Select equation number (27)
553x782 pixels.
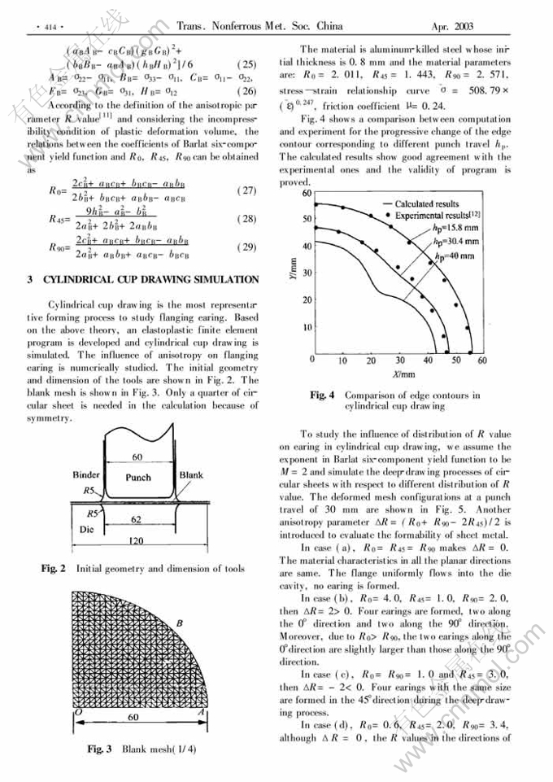coord(246,190)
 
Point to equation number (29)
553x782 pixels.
coord(246,247)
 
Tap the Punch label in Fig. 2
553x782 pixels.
coord(139,478)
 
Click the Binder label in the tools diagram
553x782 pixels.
coord(85,474)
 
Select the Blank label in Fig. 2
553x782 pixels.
coord(192,474)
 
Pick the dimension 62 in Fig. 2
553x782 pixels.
coord(139,518)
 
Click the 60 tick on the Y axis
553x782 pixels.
coord(307,194)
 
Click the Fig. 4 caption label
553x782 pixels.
coord(322,395)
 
